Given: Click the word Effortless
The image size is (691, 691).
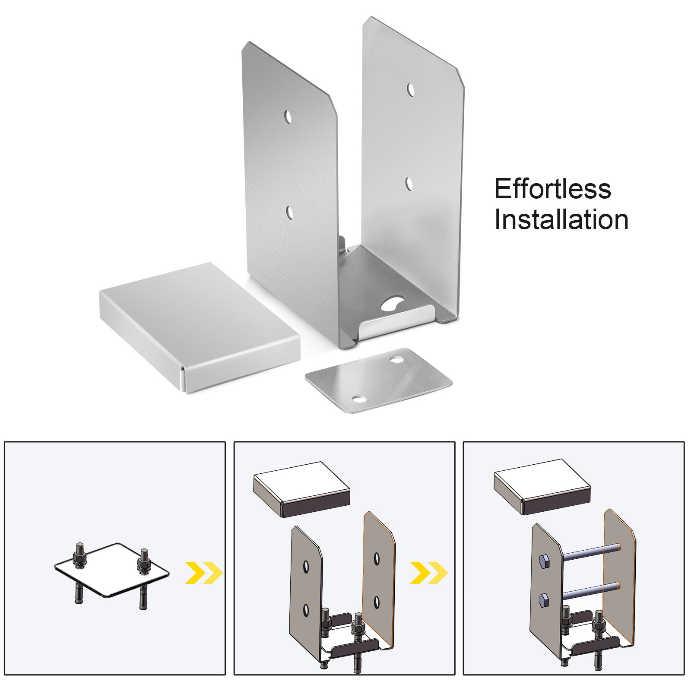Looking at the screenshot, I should (x=552, y=189).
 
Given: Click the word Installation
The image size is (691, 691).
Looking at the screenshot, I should (x=561, y=219).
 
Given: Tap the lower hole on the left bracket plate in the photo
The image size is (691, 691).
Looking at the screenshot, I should (x=289, y=212).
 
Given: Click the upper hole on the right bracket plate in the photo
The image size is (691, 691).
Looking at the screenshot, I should (x=410, y=90).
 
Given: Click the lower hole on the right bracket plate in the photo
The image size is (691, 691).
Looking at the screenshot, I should (x=409, y=184).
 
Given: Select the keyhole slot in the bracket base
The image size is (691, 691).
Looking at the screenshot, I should (x=391, y=304).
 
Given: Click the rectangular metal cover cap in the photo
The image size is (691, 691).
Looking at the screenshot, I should (x=199, y=326).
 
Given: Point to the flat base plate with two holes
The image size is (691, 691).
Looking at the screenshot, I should (x=378, y=380).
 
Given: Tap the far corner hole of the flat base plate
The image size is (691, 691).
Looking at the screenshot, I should (x=396, y=359).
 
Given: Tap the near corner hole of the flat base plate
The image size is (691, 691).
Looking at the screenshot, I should (x=358, y=398).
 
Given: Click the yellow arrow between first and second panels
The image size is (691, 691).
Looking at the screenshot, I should (x=203, y=573).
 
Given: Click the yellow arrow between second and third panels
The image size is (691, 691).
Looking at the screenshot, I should (x=429, y=573).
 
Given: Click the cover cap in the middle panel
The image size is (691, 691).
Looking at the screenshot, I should (x=301, y=488).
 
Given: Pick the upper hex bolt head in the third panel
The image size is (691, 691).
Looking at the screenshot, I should (x=544, y=561).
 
